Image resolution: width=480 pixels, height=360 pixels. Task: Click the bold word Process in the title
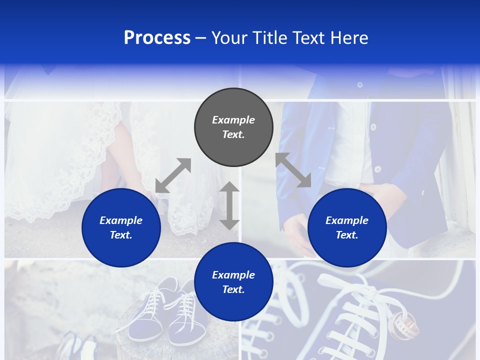(x=157, y=38)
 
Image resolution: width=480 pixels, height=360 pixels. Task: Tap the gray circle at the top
(x=233, y=127)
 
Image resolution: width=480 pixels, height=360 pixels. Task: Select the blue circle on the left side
(x=121, y=227)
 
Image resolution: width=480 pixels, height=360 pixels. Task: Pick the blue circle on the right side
(x=347, y=227)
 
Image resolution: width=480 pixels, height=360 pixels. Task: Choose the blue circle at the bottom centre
(x=233, y=282)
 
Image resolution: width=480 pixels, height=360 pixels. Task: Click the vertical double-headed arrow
(x=229, y=205)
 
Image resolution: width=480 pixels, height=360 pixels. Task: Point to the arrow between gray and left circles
(x=173, y=175)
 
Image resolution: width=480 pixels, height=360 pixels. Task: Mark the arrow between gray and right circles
(x=293, y=170)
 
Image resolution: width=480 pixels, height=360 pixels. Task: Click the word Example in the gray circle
(x=233, y=120)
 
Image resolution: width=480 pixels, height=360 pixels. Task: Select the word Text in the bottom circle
(x=232, y=289)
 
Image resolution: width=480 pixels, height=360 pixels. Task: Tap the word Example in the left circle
(x=121, y=220)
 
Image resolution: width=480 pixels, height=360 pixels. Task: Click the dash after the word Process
(x=201, y=38)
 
